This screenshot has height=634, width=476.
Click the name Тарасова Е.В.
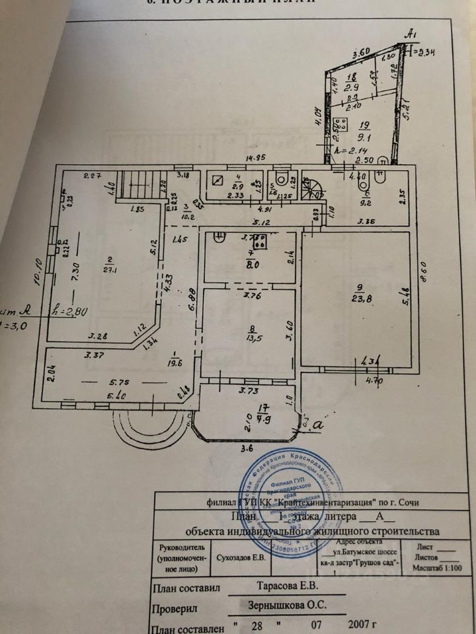(288, 585)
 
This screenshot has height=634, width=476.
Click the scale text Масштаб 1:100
(436, 567)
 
